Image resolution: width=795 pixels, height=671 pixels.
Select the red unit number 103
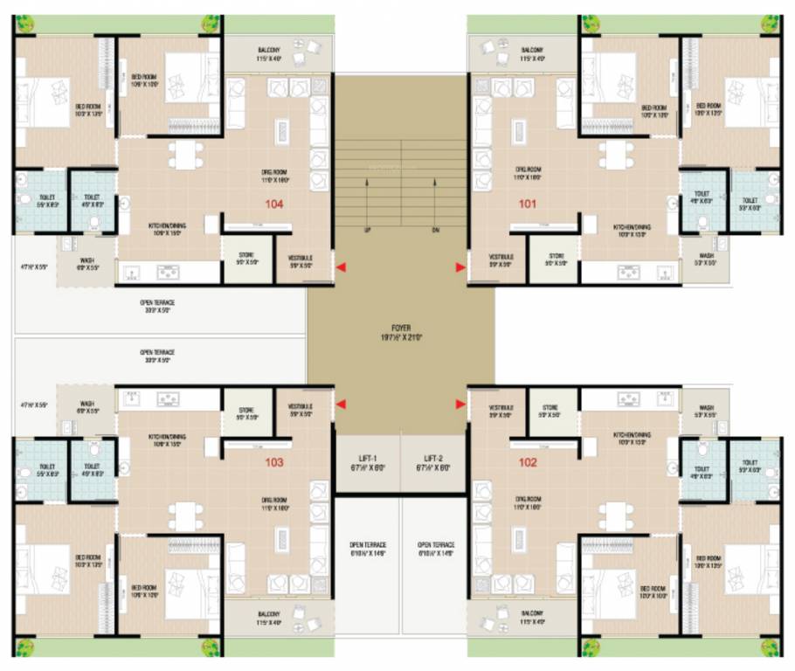pyautogui.click(x=275, y=462)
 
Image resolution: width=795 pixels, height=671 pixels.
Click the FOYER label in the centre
pyautogui.click(x=401, y=328)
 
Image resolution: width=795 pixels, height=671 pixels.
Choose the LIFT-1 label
pyautogui.click(x=368, y=458)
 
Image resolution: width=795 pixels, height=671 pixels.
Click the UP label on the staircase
pyautogui.click(x=367, y=229)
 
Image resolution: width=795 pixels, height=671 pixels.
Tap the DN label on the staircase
pyautogui.click(x=434, y=229)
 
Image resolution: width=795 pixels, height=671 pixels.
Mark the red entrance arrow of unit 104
pyautogui.click(x=342, y=266)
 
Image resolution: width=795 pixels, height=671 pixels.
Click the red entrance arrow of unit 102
pyautogui.click(x=460, y=403)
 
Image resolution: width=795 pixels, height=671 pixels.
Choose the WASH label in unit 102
pyautogui.click(x=707, y=406)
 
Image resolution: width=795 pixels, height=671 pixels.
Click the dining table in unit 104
pyautogui.click(x=185, y=154)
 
